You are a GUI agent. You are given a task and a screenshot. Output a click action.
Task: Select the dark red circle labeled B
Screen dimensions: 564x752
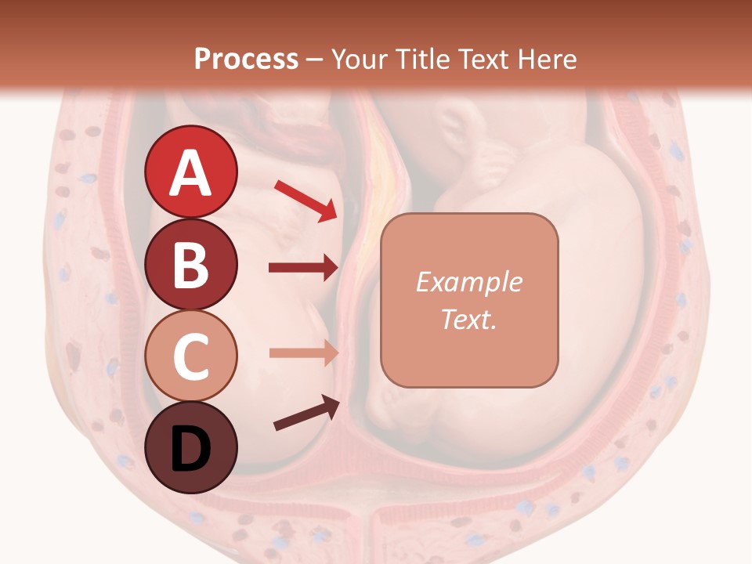click(190, 264)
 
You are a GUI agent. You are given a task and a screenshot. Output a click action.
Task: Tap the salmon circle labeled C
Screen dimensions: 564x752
click(190, 356)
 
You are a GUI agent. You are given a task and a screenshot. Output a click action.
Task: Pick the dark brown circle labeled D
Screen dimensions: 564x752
click(190, 447)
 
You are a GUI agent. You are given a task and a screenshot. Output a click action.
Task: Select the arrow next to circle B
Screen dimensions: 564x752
click(303, 268)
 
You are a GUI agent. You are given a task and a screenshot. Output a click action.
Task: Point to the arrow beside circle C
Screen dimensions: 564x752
click(303, 352)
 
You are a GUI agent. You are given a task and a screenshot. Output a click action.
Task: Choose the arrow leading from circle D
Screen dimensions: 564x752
click(306, 413)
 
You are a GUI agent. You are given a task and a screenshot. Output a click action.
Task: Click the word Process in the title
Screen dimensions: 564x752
click(246, 59)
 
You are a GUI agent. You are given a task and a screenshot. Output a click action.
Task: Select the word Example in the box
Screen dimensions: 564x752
click(468, 282)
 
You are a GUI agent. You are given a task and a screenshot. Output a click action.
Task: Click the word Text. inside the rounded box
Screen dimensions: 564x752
click(468, 319)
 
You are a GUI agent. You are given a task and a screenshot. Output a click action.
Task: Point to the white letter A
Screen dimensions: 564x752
click(190, 173)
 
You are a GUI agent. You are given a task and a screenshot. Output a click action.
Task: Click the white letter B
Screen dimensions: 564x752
click(190, 265)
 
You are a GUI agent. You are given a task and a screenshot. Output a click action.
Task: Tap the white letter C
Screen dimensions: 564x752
click(190, 356)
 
